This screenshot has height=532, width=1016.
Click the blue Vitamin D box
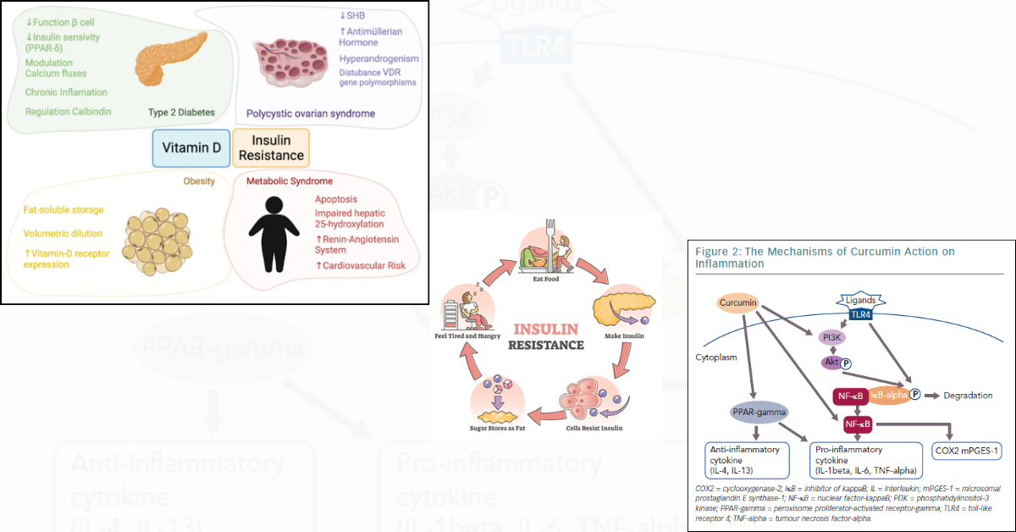(x=192, y=148)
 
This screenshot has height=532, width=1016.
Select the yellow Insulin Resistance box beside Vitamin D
(x=271, y=148)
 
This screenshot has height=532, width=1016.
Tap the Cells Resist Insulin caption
(x=594, y=428)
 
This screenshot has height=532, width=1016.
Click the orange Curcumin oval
(x=737, y=303)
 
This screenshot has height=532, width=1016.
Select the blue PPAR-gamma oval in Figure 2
(x=759, y=413)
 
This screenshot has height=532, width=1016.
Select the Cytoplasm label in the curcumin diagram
(x=716, y=357)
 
